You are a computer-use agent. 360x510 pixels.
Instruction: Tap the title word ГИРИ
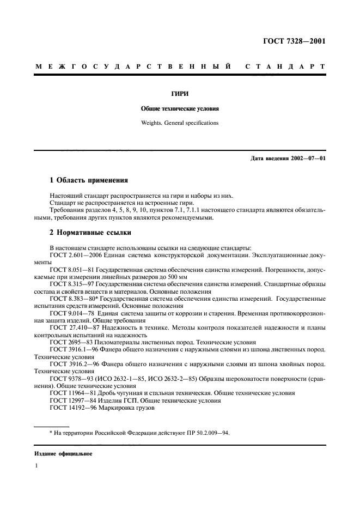[180, 94]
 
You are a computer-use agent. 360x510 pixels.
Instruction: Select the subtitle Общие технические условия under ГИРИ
[180, 108]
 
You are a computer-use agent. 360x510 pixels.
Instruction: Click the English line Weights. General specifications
[180, 123]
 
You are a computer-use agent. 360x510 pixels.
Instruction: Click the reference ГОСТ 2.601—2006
[75, 254]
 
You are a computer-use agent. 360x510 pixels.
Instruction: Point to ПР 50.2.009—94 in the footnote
[204, 433]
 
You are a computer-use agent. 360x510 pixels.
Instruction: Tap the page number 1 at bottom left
[36, 466]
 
